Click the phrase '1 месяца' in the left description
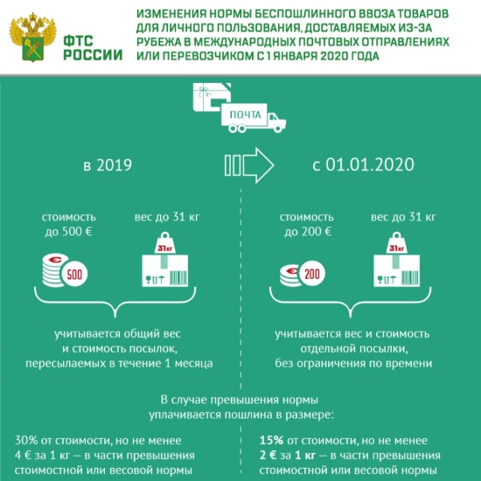[x=191, y=361]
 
